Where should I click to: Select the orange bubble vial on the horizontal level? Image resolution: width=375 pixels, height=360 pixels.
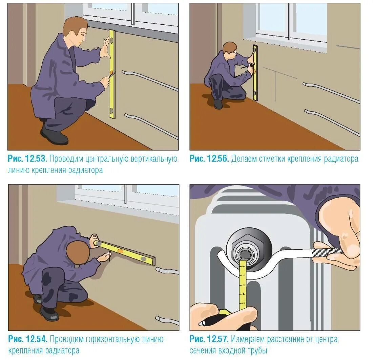coord(120,251)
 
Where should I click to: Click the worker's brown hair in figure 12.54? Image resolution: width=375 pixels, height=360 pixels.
coord(78,253)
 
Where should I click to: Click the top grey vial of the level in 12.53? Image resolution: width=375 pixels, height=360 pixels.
coord(111,40)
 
